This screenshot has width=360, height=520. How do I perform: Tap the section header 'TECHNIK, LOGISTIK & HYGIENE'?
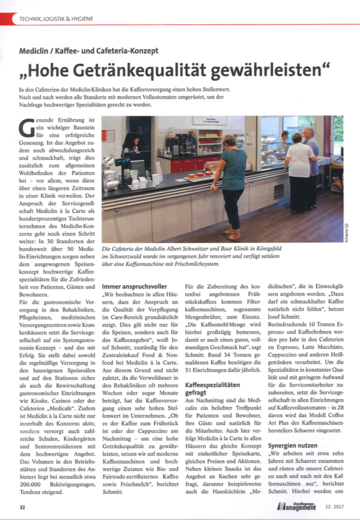coord(56,19)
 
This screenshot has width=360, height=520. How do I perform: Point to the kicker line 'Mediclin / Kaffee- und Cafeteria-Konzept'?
coord(89,51)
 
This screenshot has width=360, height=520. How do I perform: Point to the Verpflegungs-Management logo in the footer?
coord(297,506)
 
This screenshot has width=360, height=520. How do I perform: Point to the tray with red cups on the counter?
coord(199,176)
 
